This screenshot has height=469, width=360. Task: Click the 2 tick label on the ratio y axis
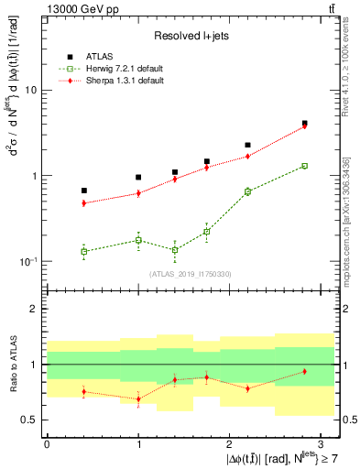point(33,309)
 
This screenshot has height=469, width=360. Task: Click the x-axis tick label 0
point(47,442)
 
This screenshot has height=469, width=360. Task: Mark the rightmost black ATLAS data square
point(304,123)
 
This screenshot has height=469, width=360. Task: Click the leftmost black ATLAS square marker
point(84,191)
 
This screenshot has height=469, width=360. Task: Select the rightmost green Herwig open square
point(304,166)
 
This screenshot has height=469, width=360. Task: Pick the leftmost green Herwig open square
point(84,251)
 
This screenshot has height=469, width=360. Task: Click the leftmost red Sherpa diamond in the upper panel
point(84,203)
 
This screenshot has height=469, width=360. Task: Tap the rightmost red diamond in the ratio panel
point(304,371)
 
